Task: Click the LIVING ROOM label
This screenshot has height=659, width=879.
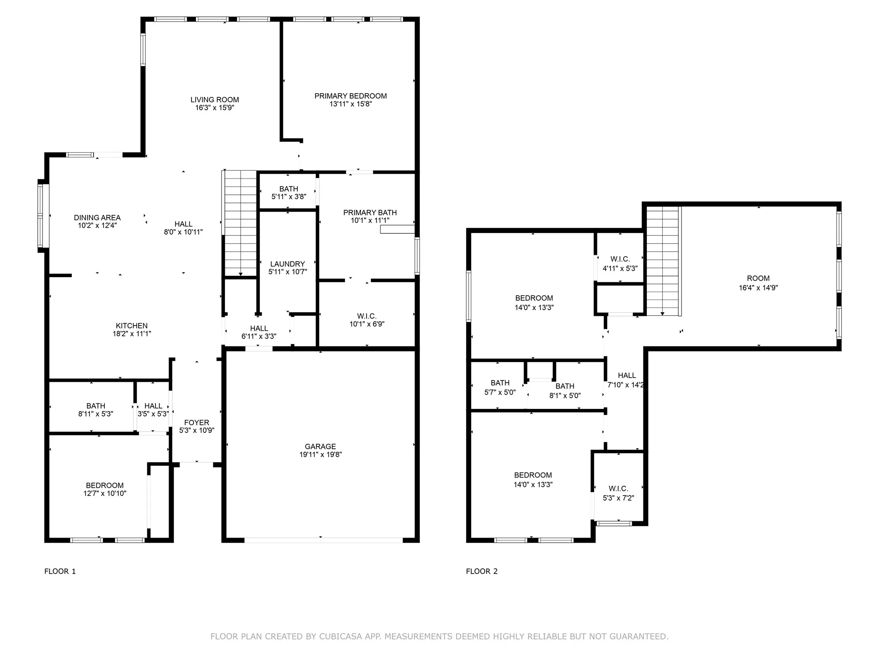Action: (x=215, y=100)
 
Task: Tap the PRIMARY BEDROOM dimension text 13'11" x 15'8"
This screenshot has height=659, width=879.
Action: (x=351, y=104)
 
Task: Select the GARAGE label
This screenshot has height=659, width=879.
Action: (x=320, y=447)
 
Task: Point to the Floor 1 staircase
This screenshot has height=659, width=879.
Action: (x=239, y=223)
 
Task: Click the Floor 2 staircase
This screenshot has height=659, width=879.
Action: (x=664, y=261)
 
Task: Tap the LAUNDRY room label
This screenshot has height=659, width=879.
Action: (x=288, y=264)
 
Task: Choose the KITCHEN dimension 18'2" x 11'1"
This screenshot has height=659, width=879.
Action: (x=132, y=334)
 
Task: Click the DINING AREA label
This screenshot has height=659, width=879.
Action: (x=97, y=218)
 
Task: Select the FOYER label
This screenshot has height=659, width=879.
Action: (x=197, y=423)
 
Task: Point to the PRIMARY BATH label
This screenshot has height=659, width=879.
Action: (x=370, y=212)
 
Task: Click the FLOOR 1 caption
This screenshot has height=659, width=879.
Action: (x=60, y=571)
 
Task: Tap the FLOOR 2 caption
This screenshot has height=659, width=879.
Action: (x=482, y=571)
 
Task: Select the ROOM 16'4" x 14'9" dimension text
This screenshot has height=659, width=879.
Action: (x=758, y=288)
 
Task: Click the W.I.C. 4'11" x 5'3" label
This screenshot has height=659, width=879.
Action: (x=620, y=264)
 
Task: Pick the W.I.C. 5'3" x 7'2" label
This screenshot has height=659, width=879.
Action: (x=618, y=493)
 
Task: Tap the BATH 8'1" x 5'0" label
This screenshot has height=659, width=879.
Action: (x=565, y=391)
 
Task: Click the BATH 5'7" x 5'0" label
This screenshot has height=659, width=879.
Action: (x=500, y=387)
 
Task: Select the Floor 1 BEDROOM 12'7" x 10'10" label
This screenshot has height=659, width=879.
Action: (x=105, y=490)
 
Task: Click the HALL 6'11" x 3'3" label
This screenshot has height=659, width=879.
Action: (x=259, y=333)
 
